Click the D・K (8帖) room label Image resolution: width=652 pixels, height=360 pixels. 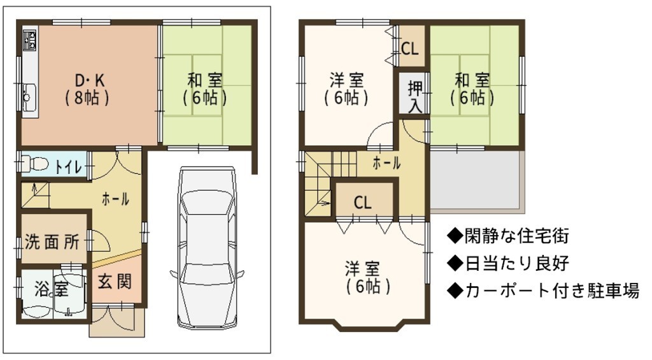pyautogui.click(x=88, y=89)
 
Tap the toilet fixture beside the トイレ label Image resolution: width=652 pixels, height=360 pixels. pyautogui.click(x=35, y=162)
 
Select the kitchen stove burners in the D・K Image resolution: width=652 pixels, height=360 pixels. pyautogui.click(x=30, y=40)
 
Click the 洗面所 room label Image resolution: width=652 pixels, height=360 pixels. pyautogui.click(x=52, y=241)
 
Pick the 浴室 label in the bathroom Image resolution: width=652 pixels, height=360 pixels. pyautogui.click(x=52, y=289)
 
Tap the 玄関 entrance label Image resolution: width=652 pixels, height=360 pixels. pyautogui.click(x=115, y=282)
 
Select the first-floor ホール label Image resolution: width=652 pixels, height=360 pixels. pyautogui.click(x=115, y=200)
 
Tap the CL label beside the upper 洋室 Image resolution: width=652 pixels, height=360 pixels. pyautogui.click(x=409, y=48)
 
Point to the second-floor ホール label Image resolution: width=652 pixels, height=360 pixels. pyautogui.click(x=386, y=163)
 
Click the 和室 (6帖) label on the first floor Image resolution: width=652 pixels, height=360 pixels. pyautogui.click(x=204, y=89)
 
